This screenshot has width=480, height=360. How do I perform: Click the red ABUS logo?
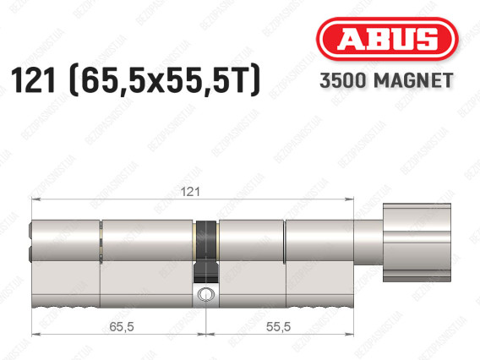pyautogui.click(x=387, y=39)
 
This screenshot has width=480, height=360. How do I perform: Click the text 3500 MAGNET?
pyautogui.click(x=386, y=80)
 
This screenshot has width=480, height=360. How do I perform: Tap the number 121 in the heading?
pyautogui.click(x=33, y=80)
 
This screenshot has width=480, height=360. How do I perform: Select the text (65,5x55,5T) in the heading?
pyautogui.click(x=166, y=80)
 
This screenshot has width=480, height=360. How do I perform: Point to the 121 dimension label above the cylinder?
pyautogui.click(x=190, y=192)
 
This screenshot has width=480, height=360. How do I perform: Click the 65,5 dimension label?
pyautogui.click(x=122, y=327)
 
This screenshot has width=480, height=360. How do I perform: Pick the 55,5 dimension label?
pyautogui.click(x=278, y=327)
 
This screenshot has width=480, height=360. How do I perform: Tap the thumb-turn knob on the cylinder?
pyautogui.click(x=417, y=243)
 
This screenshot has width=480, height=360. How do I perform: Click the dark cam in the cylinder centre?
pyautogui.click(x=206, y=251)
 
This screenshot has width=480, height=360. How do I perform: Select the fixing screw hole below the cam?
pyautogui.click(x=206, y=294)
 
